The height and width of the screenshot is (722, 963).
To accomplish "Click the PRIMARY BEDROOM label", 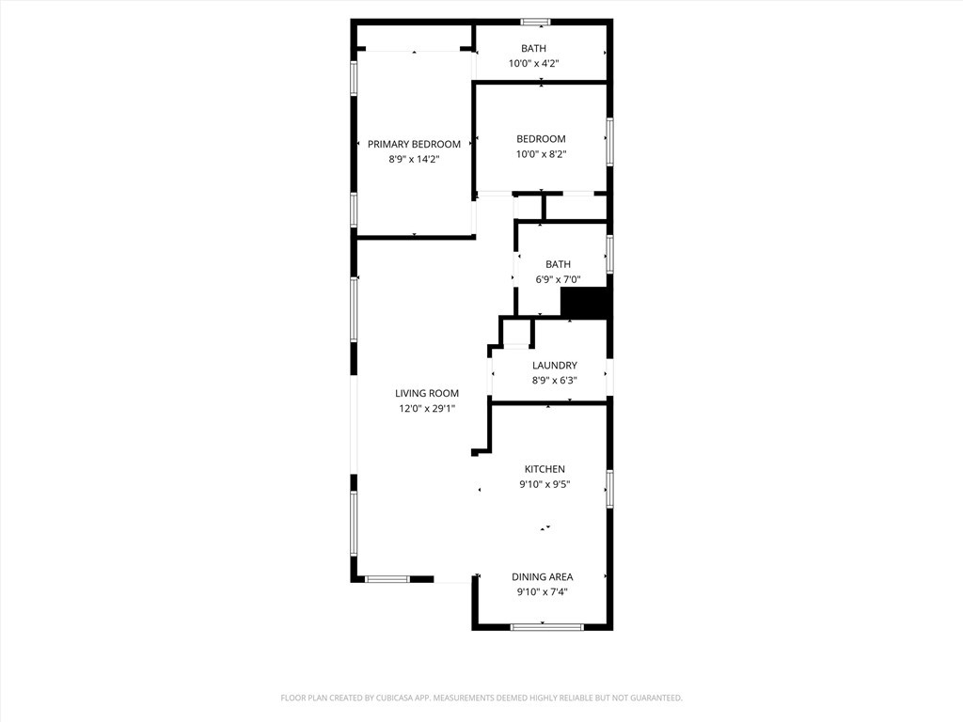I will (x=414, y=144).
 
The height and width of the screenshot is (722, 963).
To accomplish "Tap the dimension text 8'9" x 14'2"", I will (x=414, y=160).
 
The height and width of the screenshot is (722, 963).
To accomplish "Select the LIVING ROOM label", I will (x=426, y=393).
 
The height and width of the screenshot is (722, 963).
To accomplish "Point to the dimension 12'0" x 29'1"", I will (x=426, y=409).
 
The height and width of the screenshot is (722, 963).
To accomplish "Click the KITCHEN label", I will (x=545, y=469).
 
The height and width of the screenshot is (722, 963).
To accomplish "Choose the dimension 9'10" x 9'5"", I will (x=545, y=485).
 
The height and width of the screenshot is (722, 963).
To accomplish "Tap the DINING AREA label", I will (x=542, y=576).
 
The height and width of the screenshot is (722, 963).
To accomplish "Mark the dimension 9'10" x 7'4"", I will (x=542, y=592).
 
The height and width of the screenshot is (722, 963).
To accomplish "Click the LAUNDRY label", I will (x=554, y=365).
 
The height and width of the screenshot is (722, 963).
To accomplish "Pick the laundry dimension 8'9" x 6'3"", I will (x=554, y=381).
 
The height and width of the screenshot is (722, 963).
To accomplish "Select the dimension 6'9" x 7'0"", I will (x=558, y=280).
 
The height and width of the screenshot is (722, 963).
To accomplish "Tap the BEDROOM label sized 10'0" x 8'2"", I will (x=541, y=139).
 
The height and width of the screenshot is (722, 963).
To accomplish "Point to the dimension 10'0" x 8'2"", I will (x=541, y=155).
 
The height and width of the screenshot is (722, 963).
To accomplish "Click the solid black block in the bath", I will (x=585, y=304).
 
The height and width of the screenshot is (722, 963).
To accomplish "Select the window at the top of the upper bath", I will (x=535, y=22).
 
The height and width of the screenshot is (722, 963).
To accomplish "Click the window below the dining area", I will (x=541, y=626).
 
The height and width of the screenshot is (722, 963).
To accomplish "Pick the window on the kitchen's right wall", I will (x=609, y=488).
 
